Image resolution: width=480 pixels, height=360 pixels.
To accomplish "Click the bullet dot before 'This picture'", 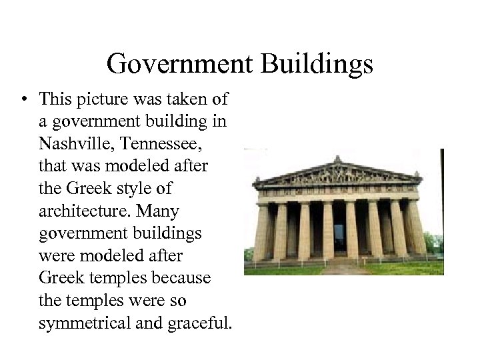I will [x=23, y=100].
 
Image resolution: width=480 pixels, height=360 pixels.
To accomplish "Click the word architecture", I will [x=79, y=211].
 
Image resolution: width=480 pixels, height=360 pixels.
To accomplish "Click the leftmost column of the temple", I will [x=261, y=233].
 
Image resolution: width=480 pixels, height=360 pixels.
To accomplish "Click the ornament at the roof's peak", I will [x=337, y=159].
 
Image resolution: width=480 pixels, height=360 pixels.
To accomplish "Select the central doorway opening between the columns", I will [x=339, y=237].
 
